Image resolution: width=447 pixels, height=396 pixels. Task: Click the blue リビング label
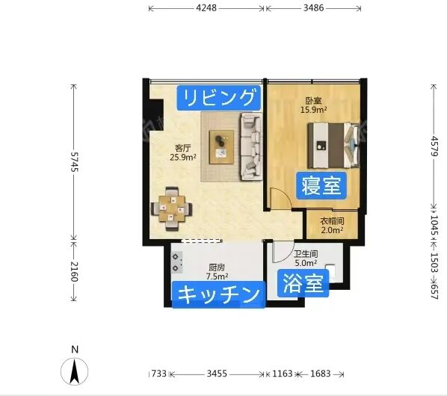pos(219,98)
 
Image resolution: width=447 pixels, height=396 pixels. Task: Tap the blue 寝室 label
pos(321,185)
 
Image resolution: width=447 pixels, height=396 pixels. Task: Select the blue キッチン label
pos(219,294)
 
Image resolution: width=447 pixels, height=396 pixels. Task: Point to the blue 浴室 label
pos(303,283)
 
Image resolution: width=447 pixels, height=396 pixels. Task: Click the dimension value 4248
pos(206,8)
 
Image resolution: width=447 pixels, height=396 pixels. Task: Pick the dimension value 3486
pos(314,8)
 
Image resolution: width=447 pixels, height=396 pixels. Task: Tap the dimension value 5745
pos(74,162)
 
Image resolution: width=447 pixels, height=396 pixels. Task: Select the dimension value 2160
pos(74,271)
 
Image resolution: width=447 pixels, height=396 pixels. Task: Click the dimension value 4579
pos(434,146)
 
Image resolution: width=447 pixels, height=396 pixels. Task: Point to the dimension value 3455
pos(217,374)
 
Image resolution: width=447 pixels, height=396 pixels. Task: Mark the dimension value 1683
pos(321,374)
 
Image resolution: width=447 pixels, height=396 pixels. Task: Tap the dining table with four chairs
pos(171,208)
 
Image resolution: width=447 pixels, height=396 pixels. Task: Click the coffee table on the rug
pos(222,147)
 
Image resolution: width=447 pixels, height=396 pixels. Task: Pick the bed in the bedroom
pos(333,145)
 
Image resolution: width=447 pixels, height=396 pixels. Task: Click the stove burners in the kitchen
pos(176,262)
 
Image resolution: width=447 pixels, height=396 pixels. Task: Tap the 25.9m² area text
pos(183,157)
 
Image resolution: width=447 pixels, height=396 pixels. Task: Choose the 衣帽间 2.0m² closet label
pos(332,226)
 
